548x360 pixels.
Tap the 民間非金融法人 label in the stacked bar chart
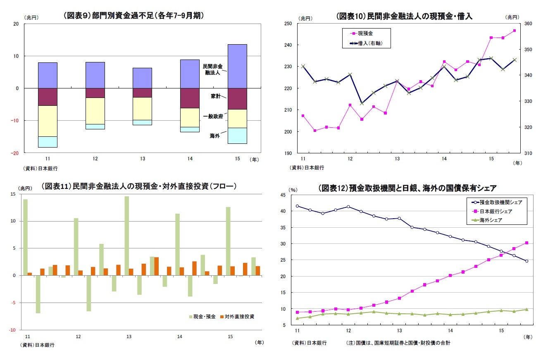click(x=212, y=69)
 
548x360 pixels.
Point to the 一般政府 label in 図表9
click(x=213, y=117)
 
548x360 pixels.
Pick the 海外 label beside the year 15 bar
click(x=214, y=135)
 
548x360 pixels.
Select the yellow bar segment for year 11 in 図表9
click(x=48, y=121)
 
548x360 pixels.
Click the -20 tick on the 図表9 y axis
click(x=16, y=153)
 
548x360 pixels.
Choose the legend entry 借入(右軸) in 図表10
click(x=369, y=43)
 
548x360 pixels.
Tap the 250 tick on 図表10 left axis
click(x=290, y=24)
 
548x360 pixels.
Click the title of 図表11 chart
click(x=139, y=186)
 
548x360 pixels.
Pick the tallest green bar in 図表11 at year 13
click(x=127, y=236)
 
